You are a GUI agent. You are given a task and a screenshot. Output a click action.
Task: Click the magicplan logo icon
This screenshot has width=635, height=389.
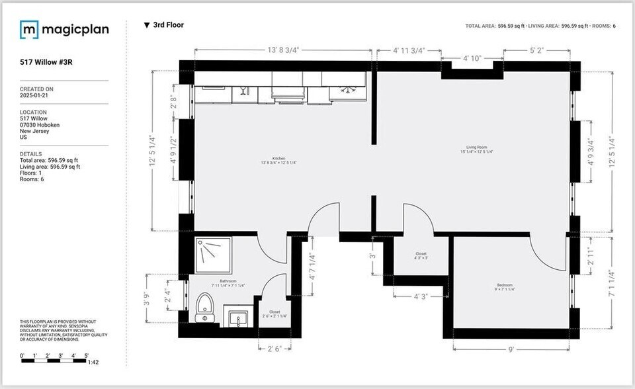tap(29, 29)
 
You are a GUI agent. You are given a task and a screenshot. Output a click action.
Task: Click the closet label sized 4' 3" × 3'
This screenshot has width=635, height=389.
tap(421, 255)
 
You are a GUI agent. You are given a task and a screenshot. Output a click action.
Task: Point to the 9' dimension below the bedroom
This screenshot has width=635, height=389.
tap(512, 349)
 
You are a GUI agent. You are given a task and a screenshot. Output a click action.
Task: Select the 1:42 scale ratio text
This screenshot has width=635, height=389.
tap(94, 362)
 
